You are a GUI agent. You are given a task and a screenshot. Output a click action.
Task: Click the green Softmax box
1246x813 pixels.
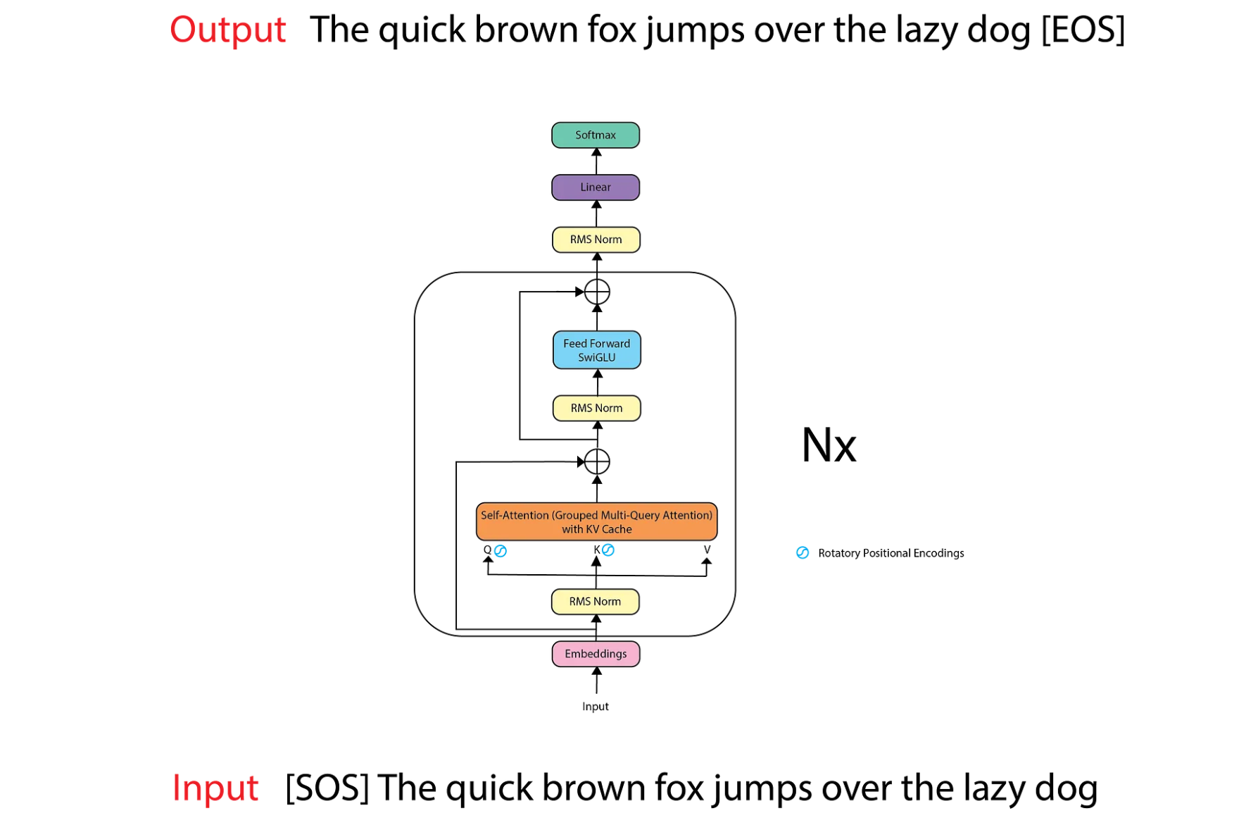pos(595,135)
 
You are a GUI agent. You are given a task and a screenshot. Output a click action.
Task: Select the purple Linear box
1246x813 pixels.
pos(595,187)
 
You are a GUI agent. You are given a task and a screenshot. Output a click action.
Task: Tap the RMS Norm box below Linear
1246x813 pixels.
pos(596,240)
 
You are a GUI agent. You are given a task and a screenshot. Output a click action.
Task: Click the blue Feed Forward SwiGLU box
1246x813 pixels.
pos(596,350)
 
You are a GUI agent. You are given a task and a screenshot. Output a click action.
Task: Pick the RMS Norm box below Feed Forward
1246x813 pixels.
pos(596,408)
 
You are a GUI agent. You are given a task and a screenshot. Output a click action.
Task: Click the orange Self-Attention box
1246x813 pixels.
pos(596,522)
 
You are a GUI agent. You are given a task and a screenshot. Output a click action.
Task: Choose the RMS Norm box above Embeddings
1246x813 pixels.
pos(595,602)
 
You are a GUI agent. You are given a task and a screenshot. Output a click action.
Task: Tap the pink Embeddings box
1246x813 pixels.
pos(596,654)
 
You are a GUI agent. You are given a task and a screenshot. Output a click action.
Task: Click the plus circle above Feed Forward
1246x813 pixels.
pos(597,292)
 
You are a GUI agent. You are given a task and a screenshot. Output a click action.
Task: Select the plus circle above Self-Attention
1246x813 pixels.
pos(597,462)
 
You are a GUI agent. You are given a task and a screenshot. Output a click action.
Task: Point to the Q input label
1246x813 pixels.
pos(487,550)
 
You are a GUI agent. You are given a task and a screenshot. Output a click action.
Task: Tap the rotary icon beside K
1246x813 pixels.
pos(608,550)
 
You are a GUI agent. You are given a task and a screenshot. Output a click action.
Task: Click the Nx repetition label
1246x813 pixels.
pos(829,445)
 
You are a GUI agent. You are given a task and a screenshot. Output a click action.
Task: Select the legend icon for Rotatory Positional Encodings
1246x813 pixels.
pos(803,553)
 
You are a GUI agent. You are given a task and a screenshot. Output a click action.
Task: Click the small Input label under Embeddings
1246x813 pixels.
pos(595,707)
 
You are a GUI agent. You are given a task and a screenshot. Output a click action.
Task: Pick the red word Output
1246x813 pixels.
pos(228,30)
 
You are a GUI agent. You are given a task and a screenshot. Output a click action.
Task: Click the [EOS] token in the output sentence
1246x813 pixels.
pos(1083,30)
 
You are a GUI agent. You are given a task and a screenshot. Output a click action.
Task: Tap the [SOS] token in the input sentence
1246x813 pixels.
pos(327,788)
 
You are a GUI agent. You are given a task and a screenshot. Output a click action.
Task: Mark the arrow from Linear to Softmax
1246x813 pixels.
pos(596,161)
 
